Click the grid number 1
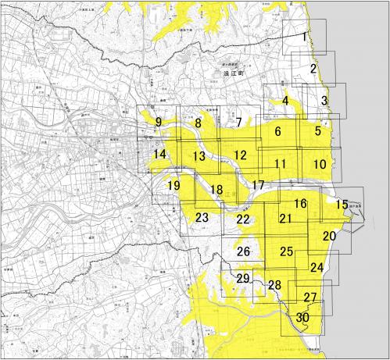tap(305, 37)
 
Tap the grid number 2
tap(313, 69)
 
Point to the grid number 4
tap(286, 100)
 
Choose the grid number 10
tap(320, 164)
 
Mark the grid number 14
tap(159, 155)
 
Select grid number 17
tap(258, 185)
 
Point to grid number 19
tap(174, 185)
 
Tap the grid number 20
tap(329, 235)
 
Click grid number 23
tap(202, 217)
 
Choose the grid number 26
tap(243, 251)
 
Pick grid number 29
tap(243, 279)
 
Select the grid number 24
tap(316, 267)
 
